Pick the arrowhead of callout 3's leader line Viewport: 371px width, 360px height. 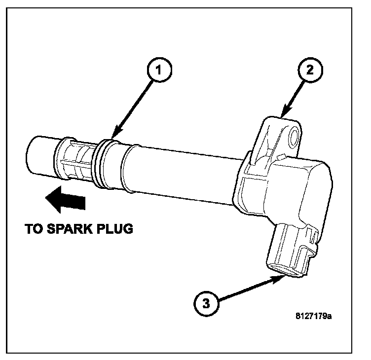280,278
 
